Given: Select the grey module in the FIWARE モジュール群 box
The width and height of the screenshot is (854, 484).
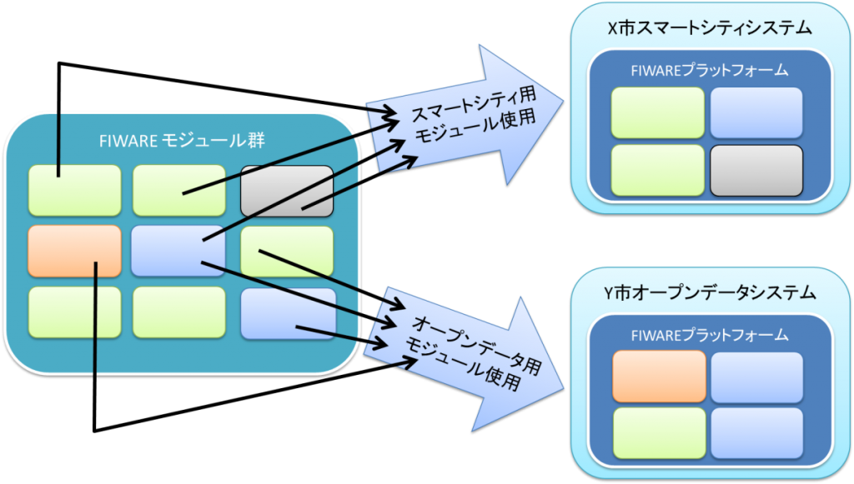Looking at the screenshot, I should click(287, 190).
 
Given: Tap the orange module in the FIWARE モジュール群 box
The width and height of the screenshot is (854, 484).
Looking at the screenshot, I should click(74, 250).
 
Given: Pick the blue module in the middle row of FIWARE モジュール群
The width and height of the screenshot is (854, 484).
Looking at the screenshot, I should click(178, 250).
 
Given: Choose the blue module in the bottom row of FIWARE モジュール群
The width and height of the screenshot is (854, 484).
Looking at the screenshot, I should click(288, 313).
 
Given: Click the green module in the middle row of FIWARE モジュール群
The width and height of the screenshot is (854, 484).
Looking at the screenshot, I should click(287, 250).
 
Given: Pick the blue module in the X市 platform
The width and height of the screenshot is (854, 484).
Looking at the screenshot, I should click(756, 112).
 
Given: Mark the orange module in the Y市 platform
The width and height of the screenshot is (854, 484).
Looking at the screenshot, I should click(659, 377).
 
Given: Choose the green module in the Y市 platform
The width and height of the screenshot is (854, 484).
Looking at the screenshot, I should click(659, 432).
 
